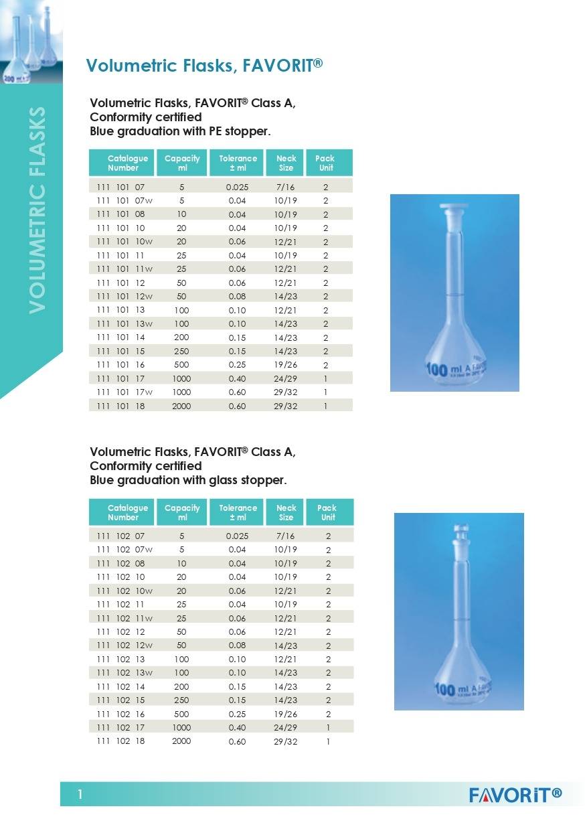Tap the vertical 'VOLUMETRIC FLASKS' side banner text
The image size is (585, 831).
coord(38,209)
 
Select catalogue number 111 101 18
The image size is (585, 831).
coord(125,406)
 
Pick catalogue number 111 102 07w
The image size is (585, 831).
coord(125,550)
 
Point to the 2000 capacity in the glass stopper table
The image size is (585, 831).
coord(181,741)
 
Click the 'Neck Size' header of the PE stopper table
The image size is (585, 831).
coord(286,163)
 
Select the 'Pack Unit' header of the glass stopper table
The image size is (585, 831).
coord(327,512)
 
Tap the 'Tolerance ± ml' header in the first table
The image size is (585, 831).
coord(238,163)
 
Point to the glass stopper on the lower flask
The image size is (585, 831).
coord(459,526)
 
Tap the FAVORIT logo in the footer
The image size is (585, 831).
coord(515,795)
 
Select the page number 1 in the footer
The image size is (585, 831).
coord(80,795)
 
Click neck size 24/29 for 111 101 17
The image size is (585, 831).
coord(286,378)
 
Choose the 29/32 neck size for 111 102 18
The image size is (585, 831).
coord(286,741)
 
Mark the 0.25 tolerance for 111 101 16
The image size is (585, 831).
coord(238,365)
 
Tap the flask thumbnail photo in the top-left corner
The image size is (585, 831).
coord(31,42)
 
